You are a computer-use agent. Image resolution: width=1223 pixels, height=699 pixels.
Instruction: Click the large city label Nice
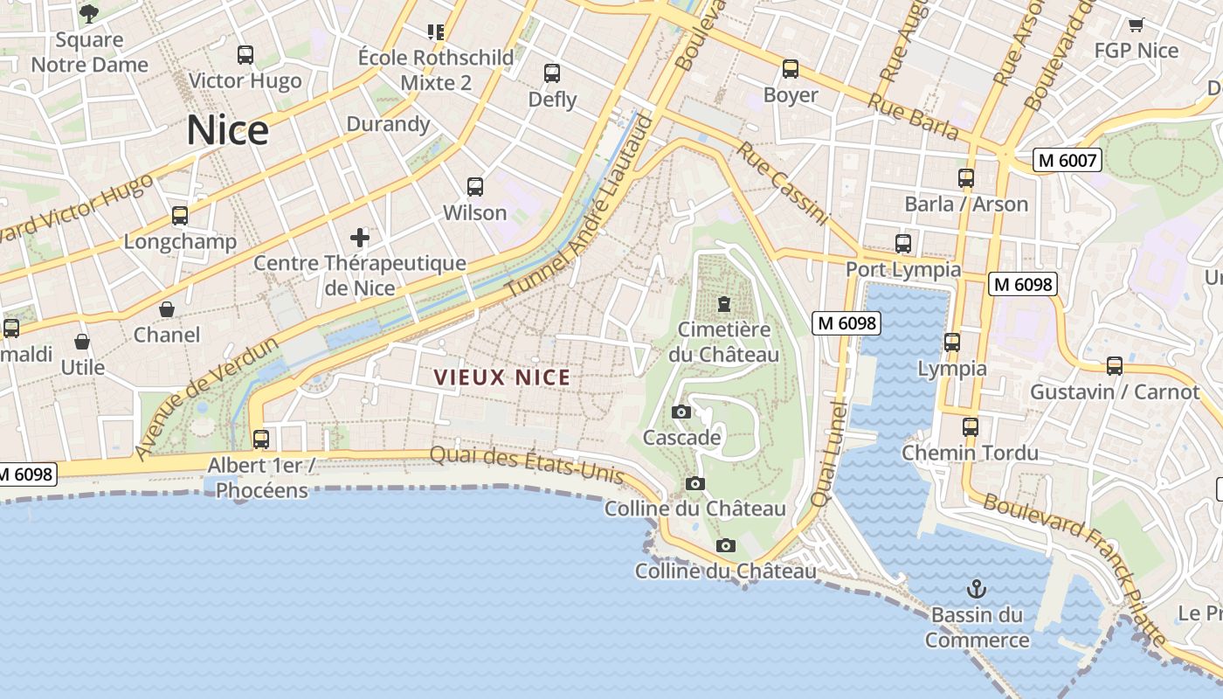227,130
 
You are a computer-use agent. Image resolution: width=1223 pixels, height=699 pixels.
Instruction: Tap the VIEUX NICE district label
502,377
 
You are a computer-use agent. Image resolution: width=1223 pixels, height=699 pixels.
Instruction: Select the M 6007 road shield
1066,160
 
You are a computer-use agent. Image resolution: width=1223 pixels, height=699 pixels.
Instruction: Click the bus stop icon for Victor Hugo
245,55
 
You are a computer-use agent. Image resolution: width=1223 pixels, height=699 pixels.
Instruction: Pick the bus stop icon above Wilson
475,187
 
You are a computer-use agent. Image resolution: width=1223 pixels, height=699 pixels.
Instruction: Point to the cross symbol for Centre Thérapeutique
360,237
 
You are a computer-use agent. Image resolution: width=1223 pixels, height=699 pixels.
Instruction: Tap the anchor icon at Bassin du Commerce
977,589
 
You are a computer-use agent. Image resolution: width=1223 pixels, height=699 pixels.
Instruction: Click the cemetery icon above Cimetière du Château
724,304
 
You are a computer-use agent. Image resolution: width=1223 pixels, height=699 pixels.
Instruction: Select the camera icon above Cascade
681,412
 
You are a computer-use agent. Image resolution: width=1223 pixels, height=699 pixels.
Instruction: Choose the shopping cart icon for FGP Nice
1136,25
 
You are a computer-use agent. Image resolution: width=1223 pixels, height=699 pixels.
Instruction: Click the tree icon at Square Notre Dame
89,13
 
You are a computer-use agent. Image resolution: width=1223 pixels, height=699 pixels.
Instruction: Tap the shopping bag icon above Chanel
167,309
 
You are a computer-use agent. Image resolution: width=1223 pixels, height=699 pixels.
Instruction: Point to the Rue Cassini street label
782,183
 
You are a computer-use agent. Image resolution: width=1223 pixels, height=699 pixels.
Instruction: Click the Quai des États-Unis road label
528,464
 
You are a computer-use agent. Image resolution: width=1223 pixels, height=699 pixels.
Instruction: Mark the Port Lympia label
903,270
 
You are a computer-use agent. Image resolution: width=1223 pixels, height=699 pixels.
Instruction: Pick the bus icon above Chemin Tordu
971,427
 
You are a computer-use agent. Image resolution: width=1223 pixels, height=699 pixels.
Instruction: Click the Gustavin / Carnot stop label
1115,391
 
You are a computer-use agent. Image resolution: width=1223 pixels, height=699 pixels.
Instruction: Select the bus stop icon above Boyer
791,69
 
